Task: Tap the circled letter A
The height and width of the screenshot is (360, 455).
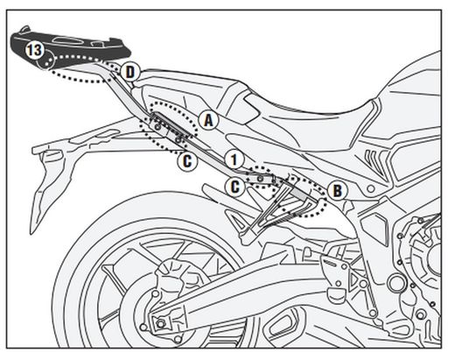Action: [x=207, y=119]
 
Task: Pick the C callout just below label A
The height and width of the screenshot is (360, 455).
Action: [x=185, y=160]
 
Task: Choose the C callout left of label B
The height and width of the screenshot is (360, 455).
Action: [x=234, y=185]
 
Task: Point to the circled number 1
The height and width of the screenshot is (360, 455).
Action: [x=232, y=159]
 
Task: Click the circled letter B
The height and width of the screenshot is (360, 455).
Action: [x=337, y=188]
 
